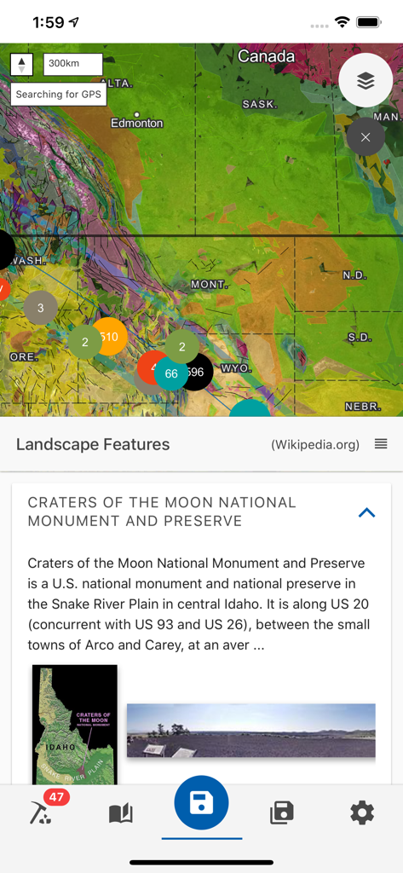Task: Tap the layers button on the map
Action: tap(366, 80)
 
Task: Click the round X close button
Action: tap(366, 136)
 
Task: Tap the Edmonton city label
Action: tap(136, 124)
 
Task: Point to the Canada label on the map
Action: tap(266, 57)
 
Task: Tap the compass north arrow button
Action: tap(22, 64)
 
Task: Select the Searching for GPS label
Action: tap(58, 95)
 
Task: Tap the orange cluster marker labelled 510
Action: tap(110, 336)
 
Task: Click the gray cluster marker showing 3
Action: tap(41, 308)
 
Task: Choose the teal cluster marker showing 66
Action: tap(171, 373)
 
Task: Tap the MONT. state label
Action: tap(209, 284)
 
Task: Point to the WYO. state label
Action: tap(234, 368)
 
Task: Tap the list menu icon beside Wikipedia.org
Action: tap(381, 444)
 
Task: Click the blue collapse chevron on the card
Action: tap(367, 512)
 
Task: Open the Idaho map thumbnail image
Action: tap(75, 724)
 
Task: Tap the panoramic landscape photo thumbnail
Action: tap(250, 730)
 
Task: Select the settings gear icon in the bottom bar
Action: tap(362, 813)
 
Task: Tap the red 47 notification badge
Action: tap(56, 798)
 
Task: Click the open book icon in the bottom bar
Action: tap(121, 813)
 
